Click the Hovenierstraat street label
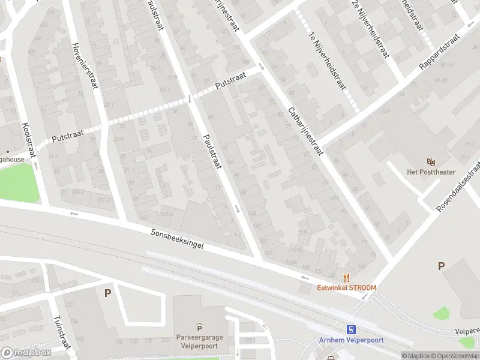83,67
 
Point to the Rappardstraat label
439,52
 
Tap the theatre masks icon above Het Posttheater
430,162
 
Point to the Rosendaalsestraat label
458,187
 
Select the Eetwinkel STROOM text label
347,288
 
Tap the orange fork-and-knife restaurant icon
346,278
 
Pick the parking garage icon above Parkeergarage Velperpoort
199,327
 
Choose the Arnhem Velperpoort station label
351,340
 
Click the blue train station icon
351,329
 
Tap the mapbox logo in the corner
26,352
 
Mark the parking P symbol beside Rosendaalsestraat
442,266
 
